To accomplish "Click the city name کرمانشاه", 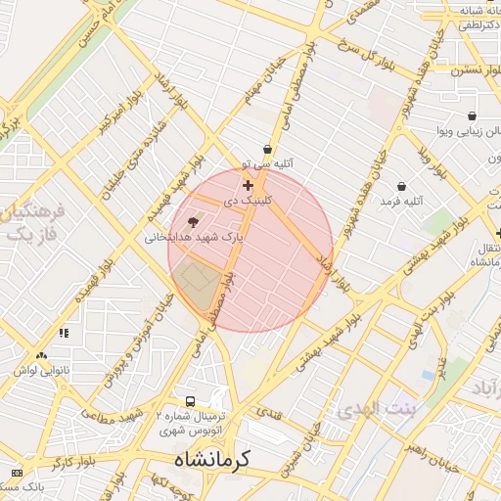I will (212, 458).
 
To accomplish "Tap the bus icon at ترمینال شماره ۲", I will (190, 401).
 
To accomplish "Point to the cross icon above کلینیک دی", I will (248, 185).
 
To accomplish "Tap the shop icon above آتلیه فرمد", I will (401, 186).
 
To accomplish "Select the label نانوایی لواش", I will (39, 371).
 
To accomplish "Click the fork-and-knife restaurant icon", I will (64, 333).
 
